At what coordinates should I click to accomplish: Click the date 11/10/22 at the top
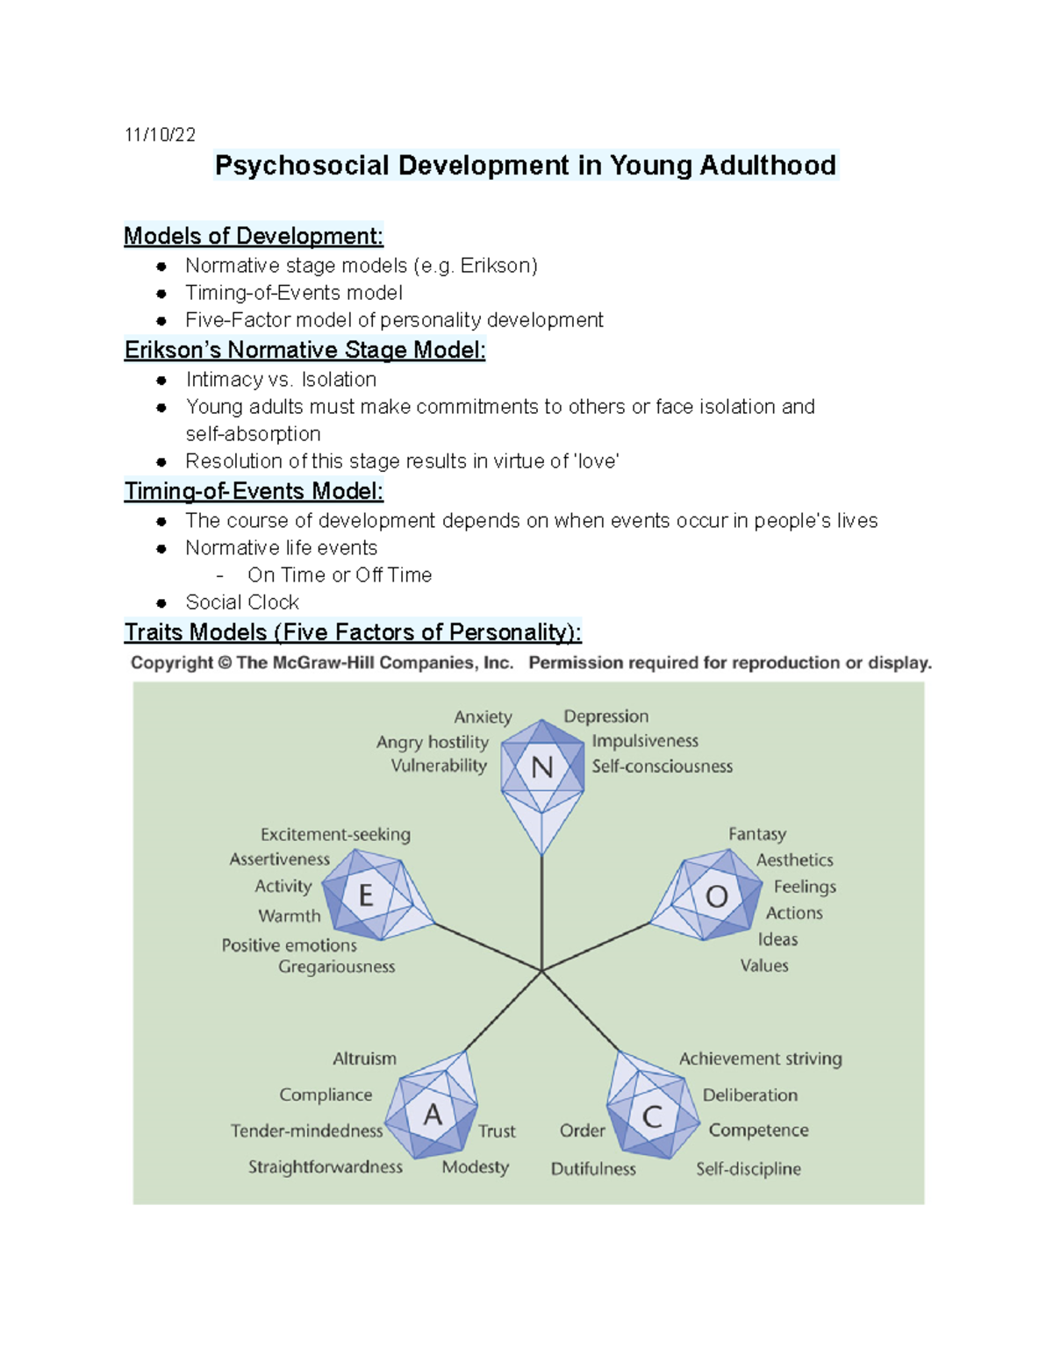click(x=160, y=134)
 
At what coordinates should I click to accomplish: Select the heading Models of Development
click(x=253, y=236)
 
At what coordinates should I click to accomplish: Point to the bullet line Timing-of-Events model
click(x=294, y=293)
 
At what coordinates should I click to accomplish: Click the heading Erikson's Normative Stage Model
click(x=304, y=350)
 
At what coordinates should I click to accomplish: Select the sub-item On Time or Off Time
click(x=340, y=575)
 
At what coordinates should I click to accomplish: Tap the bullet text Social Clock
click(x=242, y=603)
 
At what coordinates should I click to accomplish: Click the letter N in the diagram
click(x=542, y=767)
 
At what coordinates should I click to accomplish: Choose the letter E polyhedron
click(x=367, y=895)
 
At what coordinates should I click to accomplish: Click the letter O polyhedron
click(x=717, y=896)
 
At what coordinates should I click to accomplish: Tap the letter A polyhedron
click(x=433, y=1115)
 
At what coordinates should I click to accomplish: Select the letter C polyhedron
click(x=652, y=1116)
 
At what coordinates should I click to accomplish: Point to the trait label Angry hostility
click(x=432, y=742)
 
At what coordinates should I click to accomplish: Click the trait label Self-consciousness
click(x=662, y=767)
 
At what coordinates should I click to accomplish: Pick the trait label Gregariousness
click(x=336, y=966)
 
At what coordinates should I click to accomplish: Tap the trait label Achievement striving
click(x=760, y=1059)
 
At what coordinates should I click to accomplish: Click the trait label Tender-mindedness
click(x=306, y=1131)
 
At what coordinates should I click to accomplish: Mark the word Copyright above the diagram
click(x=171, y=663)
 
